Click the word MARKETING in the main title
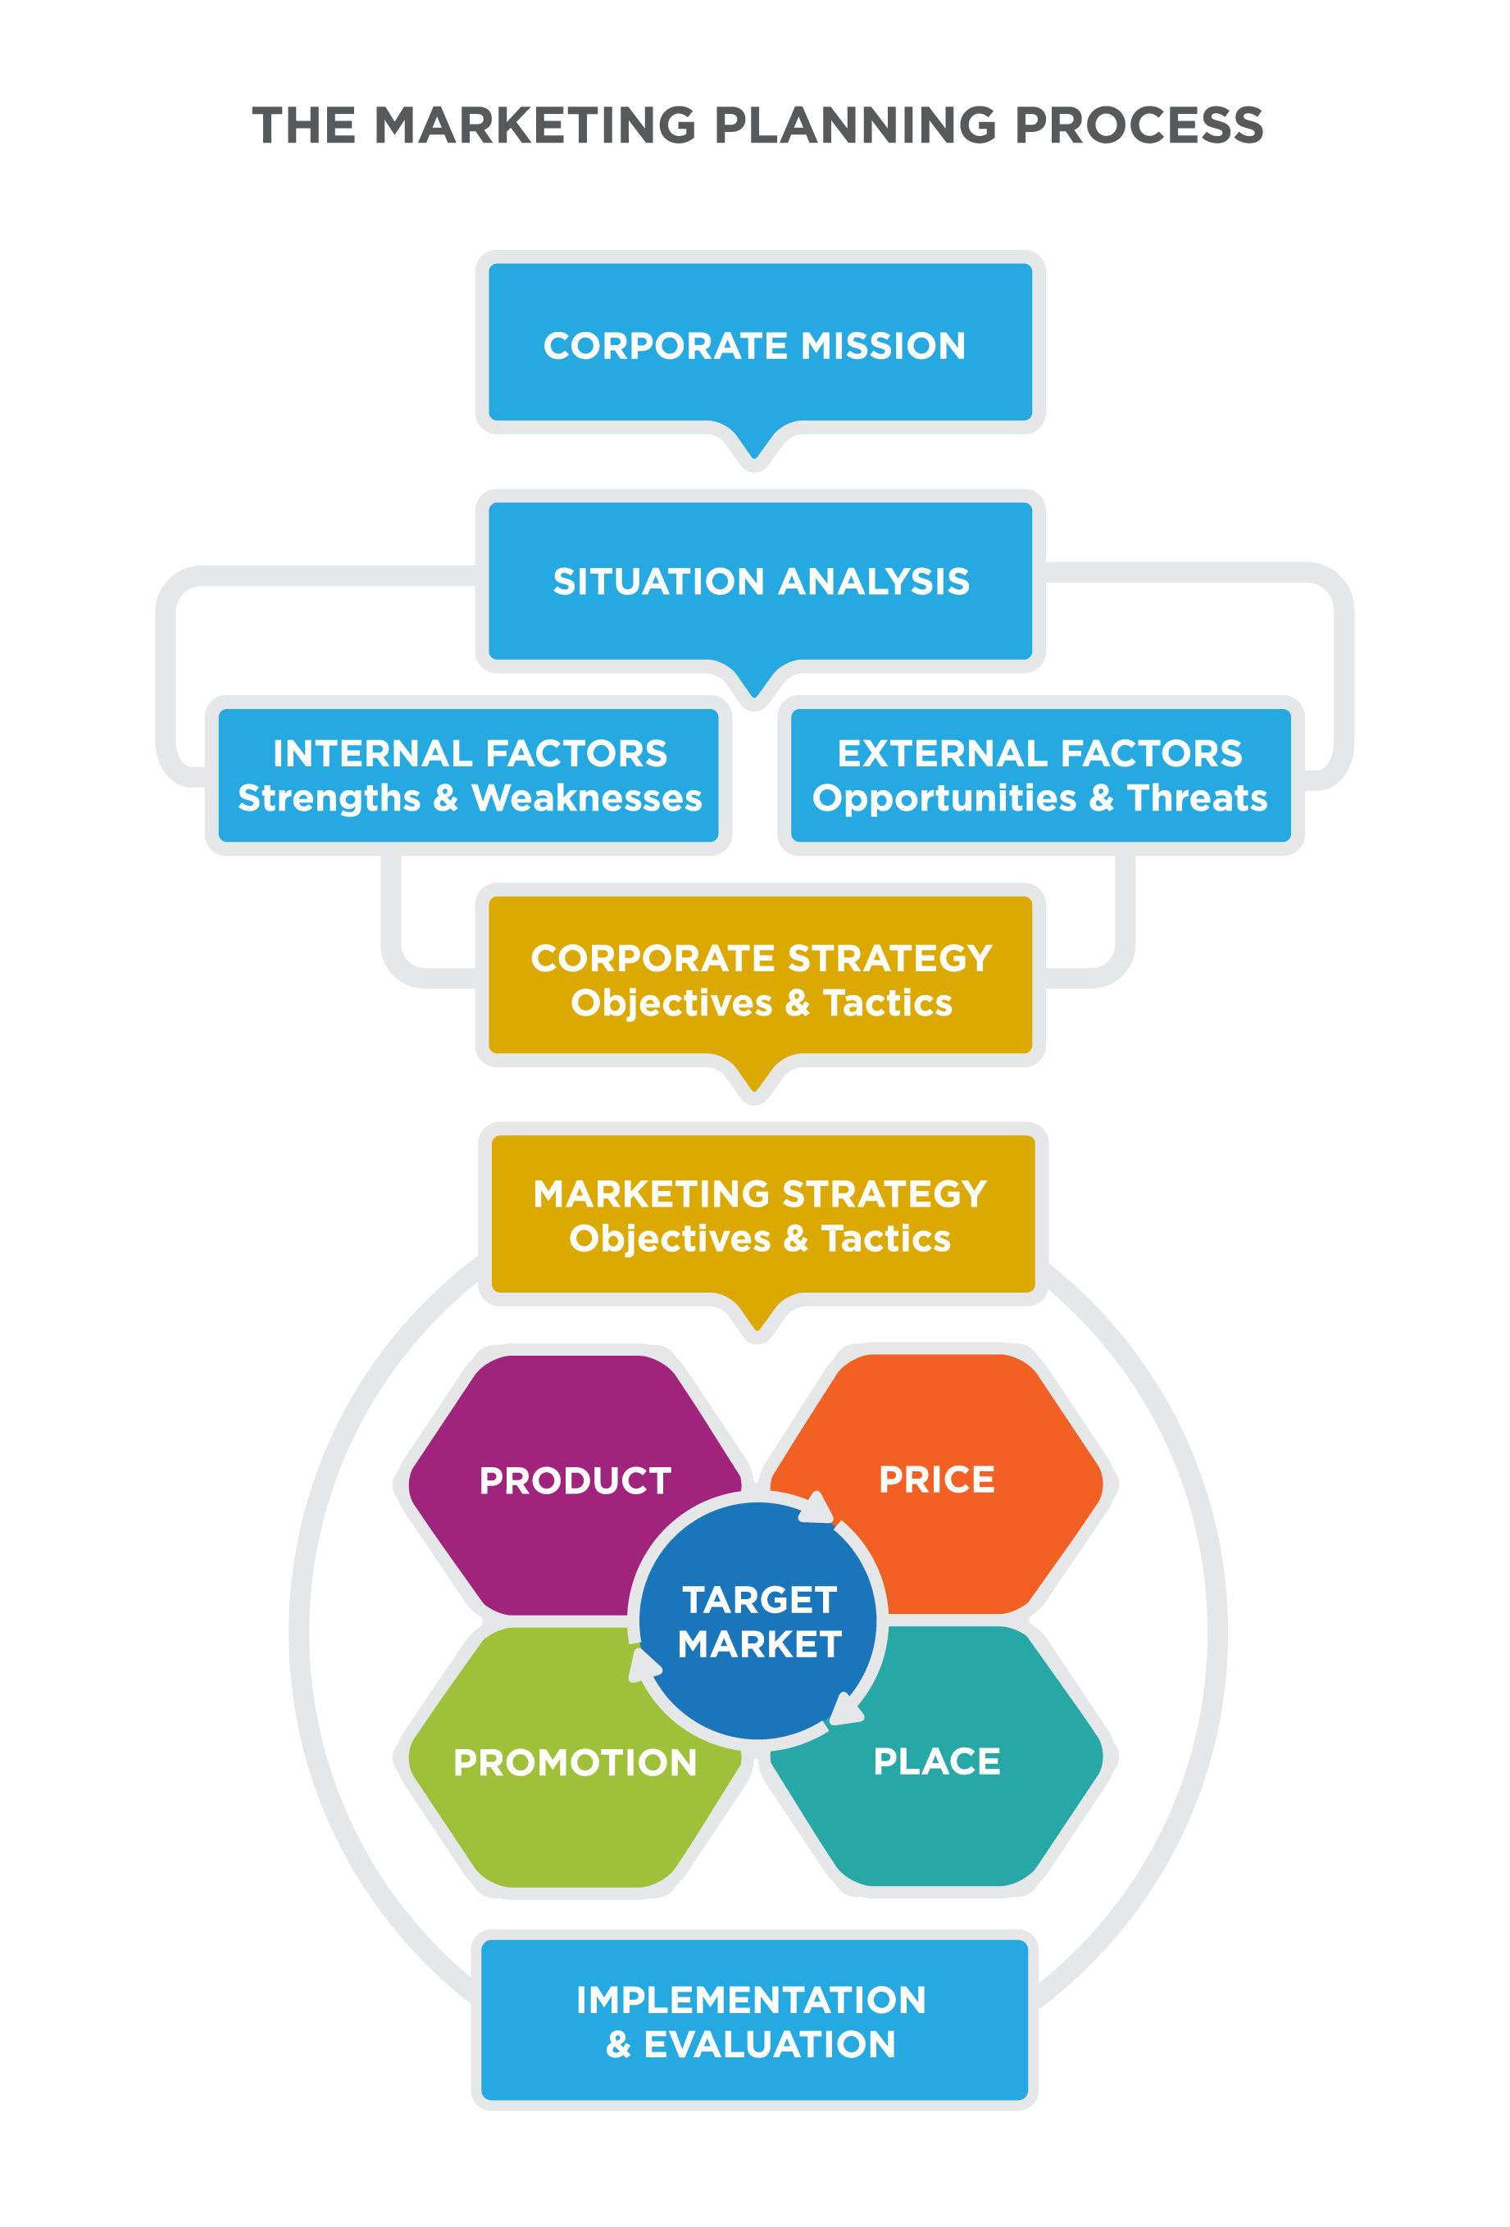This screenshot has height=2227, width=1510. [x=534, y=125]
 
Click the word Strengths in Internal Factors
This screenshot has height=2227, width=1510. [x=329, y=798]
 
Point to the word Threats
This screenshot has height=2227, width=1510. [x=1196, y=798]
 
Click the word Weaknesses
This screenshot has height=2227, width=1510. [x=586, y=798]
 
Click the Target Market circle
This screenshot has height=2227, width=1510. [x=758, y=1621]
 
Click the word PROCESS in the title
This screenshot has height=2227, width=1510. [x=1139, y=125]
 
